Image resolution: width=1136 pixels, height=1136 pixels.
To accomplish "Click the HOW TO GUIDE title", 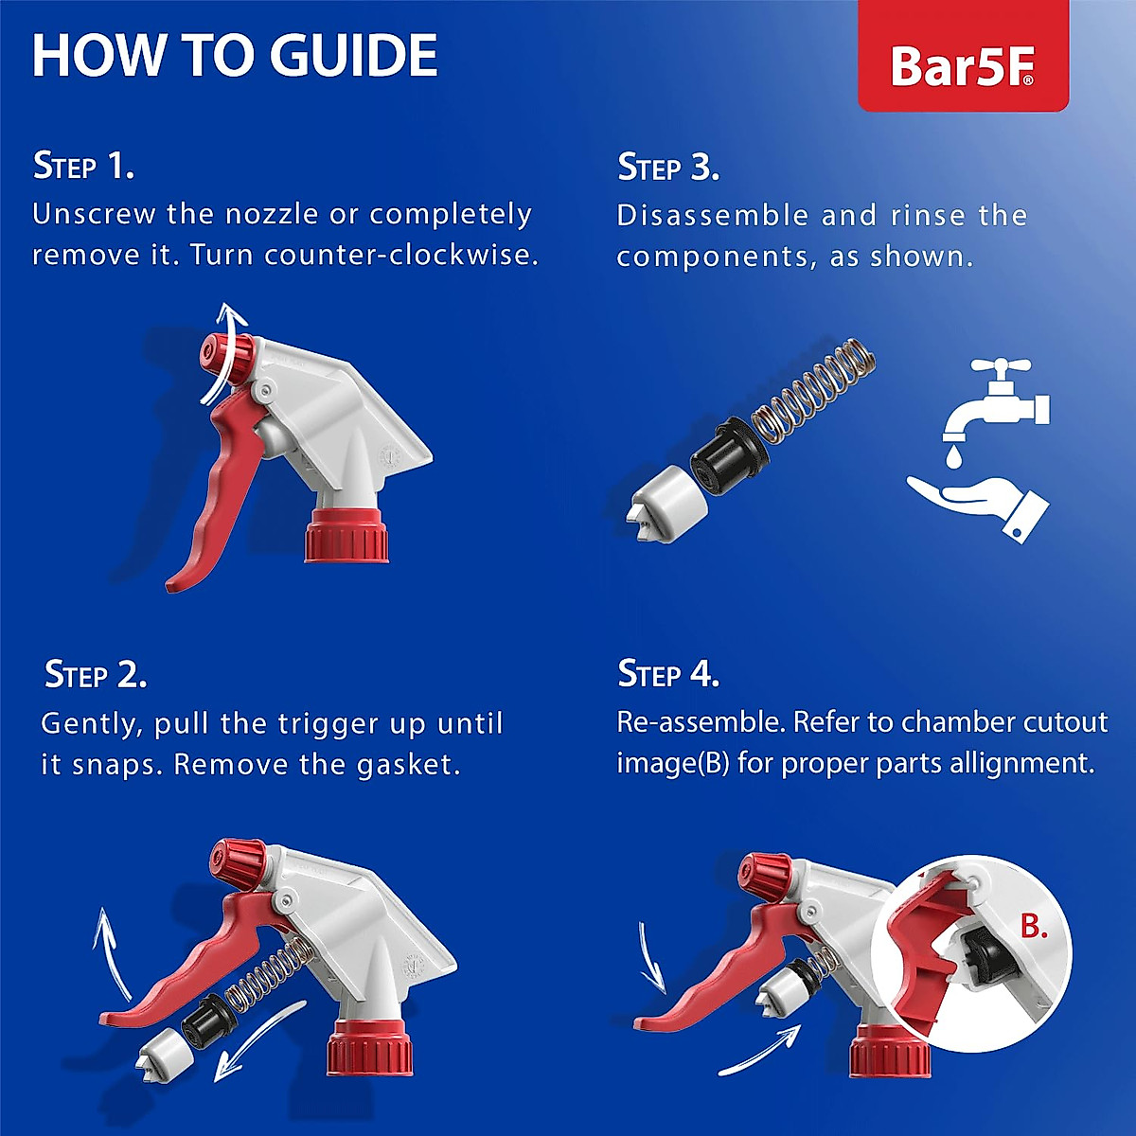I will point(235,55).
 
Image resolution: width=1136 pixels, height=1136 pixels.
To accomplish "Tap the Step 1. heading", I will point(83,166).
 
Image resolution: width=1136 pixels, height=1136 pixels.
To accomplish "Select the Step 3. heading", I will point(668,168).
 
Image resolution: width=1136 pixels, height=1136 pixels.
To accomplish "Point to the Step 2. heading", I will point(96,675).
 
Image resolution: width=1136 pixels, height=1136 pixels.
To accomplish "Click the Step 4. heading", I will point(668,674).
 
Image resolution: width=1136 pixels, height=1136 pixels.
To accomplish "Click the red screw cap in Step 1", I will point(346,536).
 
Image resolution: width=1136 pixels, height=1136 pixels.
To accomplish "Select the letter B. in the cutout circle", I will point(1034,926).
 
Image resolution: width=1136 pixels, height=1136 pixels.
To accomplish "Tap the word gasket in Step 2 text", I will point(408,765).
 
